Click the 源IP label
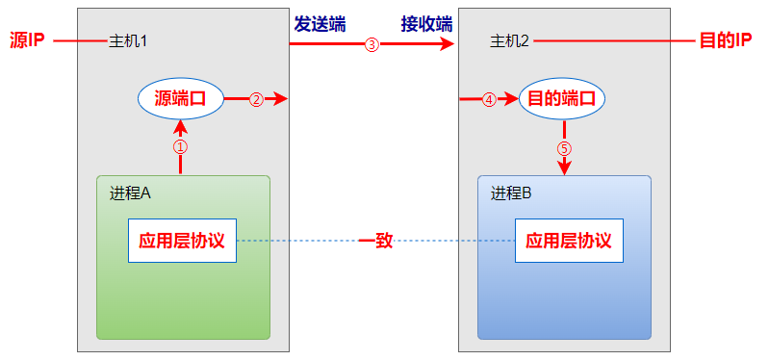tap(26, 41)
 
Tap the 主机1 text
tap(128, 41)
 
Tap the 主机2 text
tap(510, 41)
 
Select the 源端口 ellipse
tap(181, 98)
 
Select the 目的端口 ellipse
tap(563, 98)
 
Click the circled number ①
tap(180, 147)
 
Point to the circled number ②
tap(256, 99)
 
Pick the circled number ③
tap(372, 44)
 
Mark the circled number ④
tap(489, 99)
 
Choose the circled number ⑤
tap(564, 149)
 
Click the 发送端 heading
tap(320, 22)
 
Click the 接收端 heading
tap(427, 22)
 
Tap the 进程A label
tap(130, 192)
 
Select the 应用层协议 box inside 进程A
tap(182, 241)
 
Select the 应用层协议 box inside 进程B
tap(570, 241)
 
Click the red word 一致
tap(376, 241)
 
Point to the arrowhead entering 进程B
tap(564, 168)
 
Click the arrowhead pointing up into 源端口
tap(180, 124)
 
